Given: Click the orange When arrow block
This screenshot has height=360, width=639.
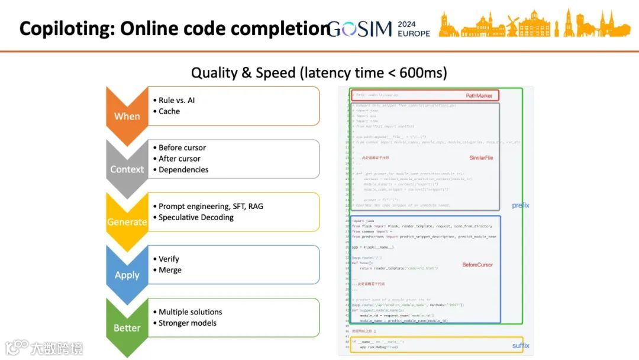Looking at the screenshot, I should [127, 113].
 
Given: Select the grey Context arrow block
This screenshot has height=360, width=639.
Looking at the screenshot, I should [127, 166].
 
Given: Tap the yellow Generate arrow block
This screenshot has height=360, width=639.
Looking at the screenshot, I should [127, 220].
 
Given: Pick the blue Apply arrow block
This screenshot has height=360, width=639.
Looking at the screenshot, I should [127, 273].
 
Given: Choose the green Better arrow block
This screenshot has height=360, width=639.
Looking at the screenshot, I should [127, 326].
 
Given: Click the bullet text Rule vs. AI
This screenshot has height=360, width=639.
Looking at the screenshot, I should [176, 100].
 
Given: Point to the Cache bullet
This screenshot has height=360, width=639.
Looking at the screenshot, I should [169, 111].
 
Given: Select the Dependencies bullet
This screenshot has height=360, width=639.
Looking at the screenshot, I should [183, 169].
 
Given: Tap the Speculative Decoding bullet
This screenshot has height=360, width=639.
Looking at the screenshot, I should [196, 217].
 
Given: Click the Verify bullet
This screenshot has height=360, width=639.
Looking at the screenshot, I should [169, 259].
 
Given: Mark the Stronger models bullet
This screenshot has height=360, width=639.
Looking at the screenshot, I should [188, 323].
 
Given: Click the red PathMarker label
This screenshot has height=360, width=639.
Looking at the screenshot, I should [479, 95].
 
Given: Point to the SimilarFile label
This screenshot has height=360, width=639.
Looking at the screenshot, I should [481, 158].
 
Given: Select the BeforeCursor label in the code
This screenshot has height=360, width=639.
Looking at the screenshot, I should [477, 265].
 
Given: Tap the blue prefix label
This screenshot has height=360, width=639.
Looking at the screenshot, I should [521, 205].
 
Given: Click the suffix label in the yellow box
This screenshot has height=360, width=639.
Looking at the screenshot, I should [521, 346].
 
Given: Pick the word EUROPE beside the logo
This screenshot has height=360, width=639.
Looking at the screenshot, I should [414, 33].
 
